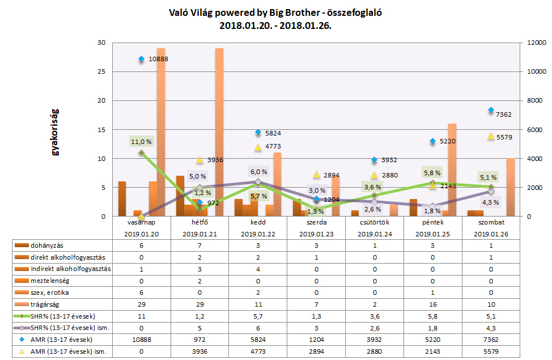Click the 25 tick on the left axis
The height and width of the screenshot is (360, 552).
(x=101, y=71)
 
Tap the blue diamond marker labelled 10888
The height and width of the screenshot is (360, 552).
(x=141, y=59)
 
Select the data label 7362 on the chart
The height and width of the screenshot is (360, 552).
(x=503, y=115)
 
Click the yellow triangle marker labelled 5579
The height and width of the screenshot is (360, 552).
(x=491, y=136)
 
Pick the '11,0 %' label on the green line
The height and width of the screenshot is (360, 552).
(x=141, y=142)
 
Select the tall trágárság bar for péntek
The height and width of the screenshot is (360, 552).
(x=452, y=170)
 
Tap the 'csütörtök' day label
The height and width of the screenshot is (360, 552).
(x=375, y=224)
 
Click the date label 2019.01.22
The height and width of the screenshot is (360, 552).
(x=258, y=234)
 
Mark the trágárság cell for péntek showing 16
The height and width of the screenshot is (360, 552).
(x=432, y=304)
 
